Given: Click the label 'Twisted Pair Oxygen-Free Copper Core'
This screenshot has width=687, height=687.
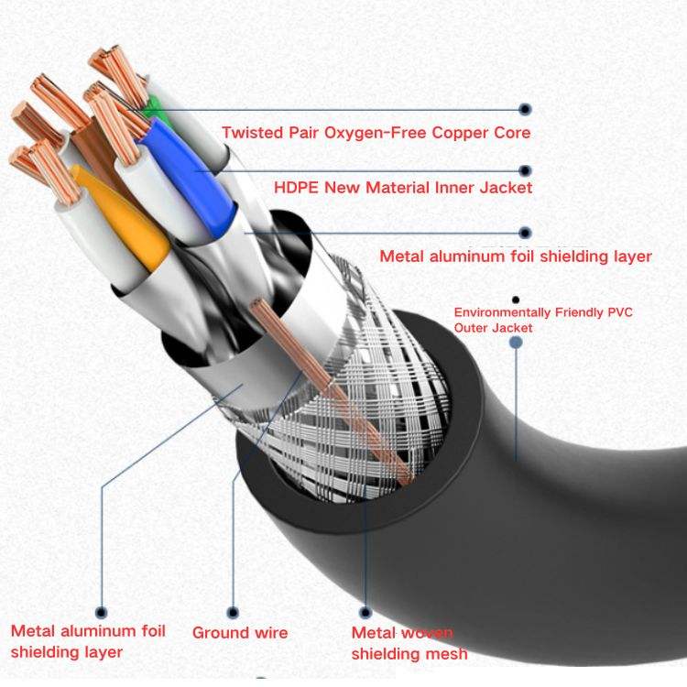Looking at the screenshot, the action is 376,132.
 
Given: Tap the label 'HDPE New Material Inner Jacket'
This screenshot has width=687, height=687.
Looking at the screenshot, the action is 403,188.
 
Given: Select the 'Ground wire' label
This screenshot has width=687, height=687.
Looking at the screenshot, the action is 240,633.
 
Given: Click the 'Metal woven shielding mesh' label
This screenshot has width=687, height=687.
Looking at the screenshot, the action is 409,643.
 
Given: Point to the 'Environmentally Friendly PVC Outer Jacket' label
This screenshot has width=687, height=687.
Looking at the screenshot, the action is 543,320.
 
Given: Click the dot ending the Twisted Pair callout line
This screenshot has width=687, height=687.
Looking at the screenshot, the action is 525,109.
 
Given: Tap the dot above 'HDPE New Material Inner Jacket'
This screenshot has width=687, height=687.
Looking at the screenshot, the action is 525,170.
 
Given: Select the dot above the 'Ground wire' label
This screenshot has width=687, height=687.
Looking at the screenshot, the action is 233,612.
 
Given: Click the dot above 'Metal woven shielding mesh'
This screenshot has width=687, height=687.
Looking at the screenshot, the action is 365,612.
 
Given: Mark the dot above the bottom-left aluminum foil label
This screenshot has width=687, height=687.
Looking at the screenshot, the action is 101,612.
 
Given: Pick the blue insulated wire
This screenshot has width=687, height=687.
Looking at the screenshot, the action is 189,175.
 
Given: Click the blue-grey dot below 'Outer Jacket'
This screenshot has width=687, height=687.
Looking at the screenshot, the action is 516,343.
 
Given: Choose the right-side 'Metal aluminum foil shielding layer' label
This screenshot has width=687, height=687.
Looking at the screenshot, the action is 516,256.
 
